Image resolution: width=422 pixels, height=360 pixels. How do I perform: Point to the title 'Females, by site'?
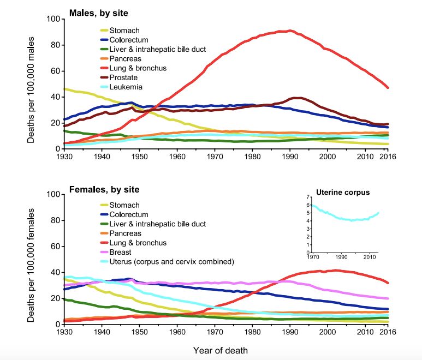pos(104,190)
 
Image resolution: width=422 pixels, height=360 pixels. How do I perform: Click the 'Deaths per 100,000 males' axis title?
pos(31,83)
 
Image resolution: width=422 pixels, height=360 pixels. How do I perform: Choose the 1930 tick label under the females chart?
pos(64,332)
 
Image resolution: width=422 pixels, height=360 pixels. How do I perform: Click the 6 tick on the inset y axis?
pos(308,205)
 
